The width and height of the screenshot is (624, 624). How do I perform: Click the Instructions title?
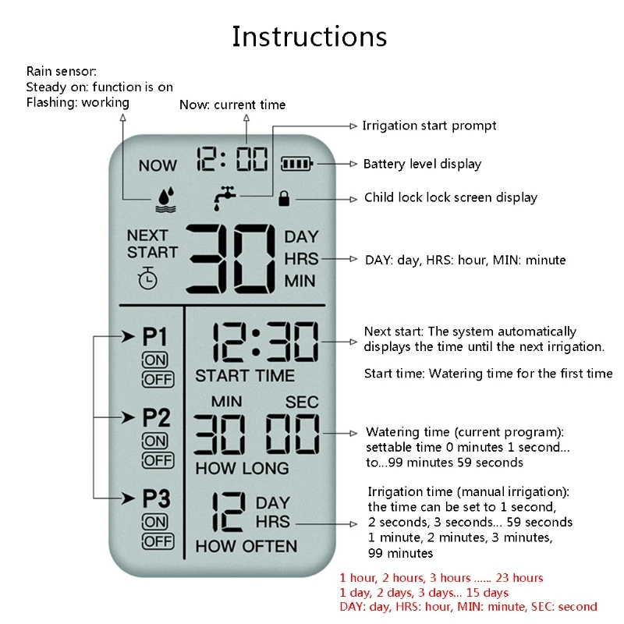click(x=310, y=37)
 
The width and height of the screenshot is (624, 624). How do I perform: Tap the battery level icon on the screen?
click(x=296, y=164)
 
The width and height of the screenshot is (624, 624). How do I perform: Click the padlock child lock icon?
click(x=283, y=198)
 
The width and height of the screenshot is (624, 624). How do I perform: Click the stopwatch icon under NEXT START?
click(x=147, y=278)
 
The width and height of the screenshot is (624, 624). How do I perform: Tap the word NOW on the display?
click(x=158, y=165)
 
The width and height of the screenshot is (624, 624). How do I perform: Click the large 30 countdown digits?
click(x=229, y=257)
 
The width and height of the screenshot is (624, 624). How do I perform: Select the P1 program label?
click(x=155, y=337)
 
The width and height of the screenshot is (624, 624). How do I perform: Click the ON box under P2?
click(x=155, y=441)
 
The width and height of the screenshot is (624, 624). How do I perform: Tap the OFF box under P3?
click(x=158, y=541)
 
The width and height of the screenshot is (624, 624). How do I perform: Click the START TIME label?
click(x=245, y=376)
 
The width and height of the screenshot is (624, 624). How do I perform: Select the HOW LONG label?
click(x=242, y=468)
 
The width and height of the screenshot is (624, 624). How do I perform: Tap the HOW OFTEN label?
click(x=246, y=546)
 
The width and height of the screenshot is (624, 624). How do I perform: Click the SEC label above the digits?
click(x=301, y=402)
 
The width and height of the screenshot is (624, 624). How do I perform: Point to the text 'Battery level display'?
click(x=422, y=164)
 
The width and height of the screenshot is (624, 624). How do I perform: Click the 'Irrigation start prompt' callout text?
click(x=429, y=126)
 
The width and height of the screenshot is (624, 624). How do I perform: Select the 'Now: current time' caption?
click(x=232, y=105)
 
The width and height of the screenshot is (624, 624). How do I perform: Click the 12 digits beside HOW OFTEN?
click(x=228, y=511)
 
